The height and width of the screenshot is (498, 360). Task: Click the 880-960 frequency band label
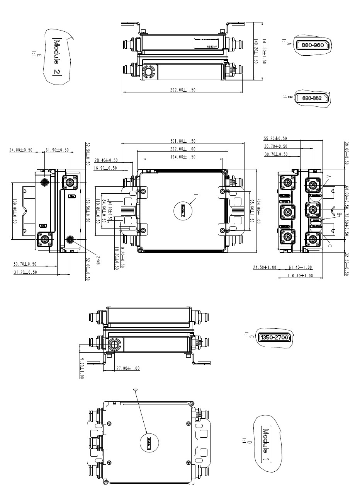(312, 45)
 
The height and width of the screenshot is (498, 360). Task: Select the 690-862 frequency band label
(312, 98)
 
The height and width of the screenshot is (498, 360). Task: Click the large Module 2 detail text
(57, 56)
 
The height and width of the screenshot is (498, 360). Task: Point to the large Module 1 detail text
(266, 445)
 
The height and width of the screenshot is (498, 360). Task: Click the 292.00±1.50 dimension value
(183, 90)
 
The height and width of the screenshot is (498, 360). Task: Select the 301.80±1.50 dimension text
(183, 141)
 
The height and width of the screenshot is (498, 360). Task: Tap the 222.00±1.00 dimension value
(183, 149)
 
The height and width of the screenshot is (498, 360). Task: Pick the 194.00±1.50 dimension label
(183, 157)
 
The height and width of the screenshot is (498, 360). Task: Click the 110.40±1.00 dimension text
(300, 276)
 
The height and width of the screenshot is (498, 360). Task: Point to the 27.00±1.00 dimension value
(128, 368)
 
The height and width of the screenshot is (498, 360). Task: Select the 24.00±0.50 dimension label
(20, 150)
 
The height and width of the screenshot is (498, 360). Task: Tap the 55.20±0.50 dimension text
(275, 138)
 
